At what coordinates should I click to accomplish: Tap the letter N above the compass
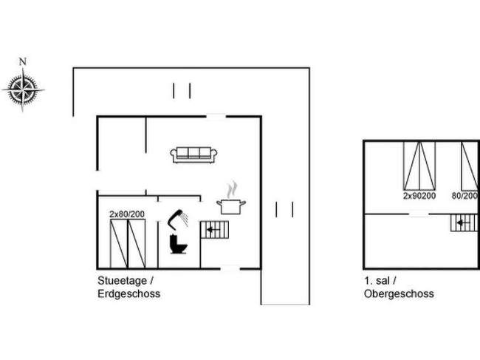(x=23, y=61)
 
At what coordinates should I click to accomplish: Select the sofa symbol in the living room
(x=193, y=154)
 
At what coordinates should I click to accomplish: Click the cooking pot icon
(x=230, y=205)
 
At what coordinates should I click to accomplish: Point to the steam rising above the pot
(x=233, y=186)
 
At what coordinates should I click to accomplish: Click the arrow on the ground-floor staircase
(x=213, y=230)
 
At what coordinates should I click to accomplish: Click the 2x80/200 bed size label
(x=128, y=214)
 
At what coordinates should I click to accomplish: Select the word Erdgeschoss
(x=128, y=293)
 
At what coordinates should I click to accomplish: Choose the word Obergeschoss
(x=399, y=293)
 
